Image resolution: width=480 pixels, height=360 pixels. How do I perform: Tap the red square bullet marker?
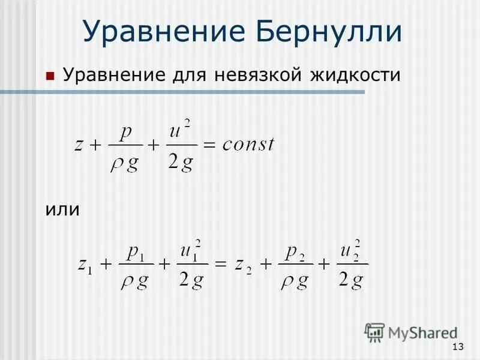tap(50, 77)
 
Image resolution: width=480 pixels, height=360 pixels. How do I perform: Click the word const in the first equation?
tap(247, 143)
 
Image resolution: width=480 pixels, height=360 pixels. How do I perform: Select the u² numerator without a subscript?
tap(181, 129)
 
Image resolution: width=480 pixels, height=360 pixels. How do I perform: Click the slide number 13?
tap(458, 347)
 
